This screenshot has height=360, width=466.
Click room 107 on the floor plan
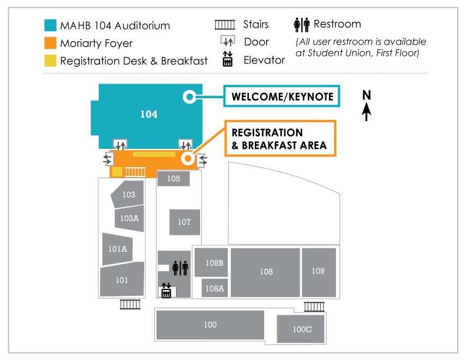(x=184, y=222)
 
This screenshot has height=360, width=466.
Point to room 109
(x=318, y=272)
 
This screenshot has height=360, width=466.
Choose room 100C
(x=302, y=329)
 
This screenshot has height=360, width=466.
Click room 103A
(x=129, y=218)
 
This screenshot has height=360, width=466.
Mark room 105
(x=173, y=178)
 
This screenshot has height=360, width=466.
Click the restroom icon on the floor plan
(x=181, y=268)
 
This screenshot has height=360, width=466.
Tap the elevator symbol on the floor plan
(x=166, y=290)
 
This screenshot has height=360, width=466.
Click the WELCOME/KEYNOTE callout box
(x=282, y=96)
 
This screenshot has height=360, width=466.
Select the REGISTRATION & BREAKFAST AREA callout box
(x=279, y=139)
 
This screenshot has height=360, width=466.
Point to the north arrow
(x=367, y=105)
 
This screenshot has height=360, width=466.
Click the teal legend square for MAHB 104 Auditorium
(x=51, y=25)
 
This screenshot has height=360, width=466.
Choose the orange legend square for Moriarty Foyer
(x=51, y=43)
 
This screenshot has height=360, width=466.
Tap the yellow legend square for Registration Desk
(x=51, y=61)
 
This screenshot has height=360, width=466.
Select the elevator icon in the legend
(x=228, y=59)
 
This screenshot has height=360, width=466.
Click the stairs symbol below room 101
(x=130, y=304)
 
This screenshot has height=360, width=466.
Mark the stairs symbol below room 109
(x=315, y=306)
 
